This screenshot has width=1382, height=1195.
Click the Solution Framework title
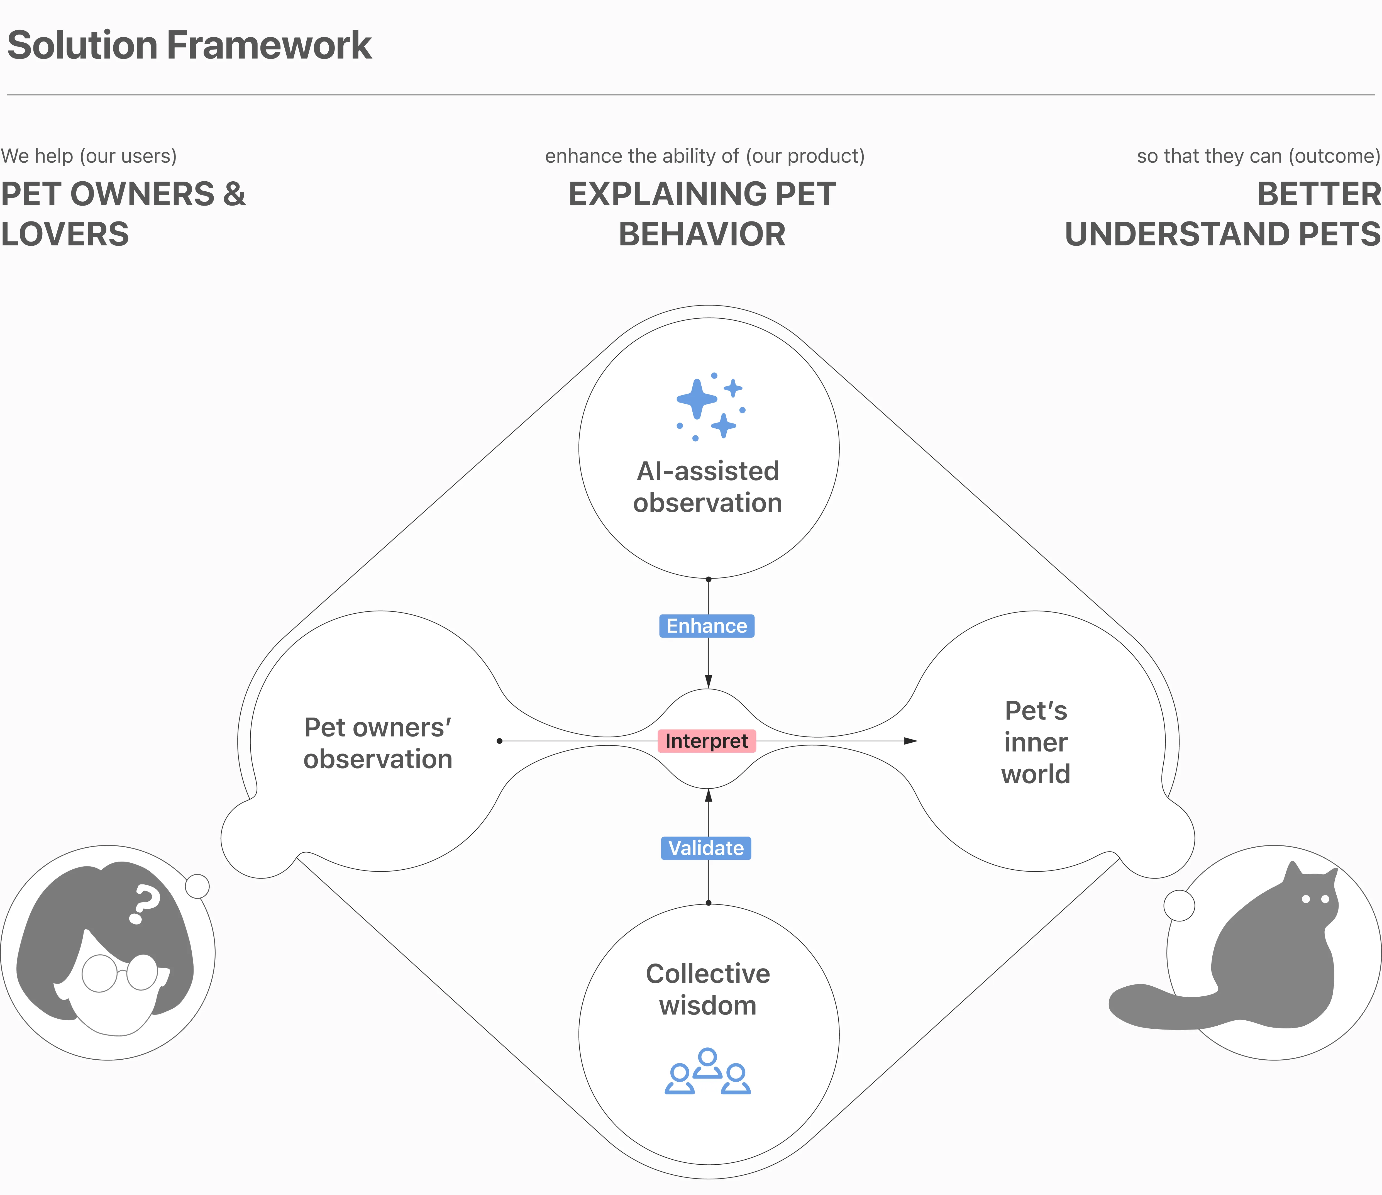189,45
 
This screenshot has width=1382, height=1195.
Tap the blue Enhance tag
706,626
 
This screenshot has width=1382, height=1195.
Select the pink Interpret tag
706,741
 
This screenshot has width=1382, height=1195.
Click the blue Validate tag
706,848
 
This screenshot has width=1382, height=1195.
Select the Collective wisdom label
708,989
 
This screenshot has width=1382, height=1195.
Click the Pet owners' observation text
377,743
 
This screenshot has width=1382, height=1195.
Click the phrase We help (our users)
89,156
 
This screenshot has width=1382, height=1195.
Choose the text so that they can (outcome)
1258,156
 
